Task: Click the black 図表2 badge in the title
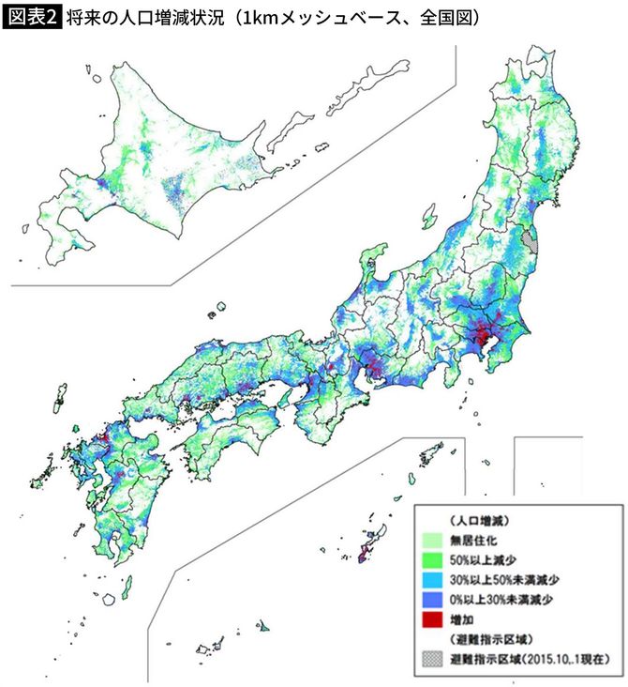pos(32,17)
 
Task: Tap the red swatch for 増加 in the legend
pos(433,620)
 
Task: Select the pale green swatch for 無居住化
pos(433,540)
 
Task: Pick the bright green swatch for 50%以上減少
pos(433,559)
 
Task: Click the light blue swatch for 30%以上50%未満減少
pos(433,580)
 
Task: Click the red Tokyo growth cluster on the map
pos(481,335)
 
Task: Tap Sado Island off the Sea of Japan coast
pos(373,257)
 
